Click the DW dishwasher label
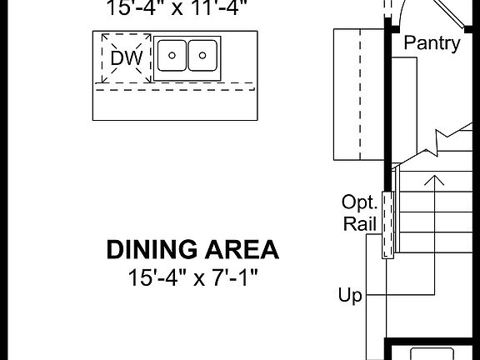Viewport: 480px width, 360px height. [127, 58]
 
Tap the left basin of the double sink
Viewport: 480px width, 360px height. [172, 57]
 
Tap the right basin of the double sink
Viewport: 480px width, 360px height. [202, 57]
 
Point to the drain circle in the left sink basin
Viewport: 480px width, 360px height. [172, 56]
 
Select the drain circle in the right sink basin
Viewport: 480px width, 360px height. [202, 56]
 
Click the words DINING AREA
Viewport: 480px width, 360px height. [192, 249]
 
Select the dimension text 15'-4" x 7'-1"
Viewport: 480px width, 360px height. [192, 277]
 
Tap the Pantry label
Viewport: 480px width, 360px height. [432, 43]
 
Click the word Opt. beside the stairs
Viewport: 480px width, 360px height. [360, 202]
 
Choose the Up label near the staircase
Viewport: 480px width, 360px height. [351, 295]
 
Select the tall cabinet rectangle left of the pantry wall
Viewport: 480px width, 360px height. [358, 93]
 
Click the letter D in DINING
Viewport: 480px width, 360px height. [114, 249]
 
